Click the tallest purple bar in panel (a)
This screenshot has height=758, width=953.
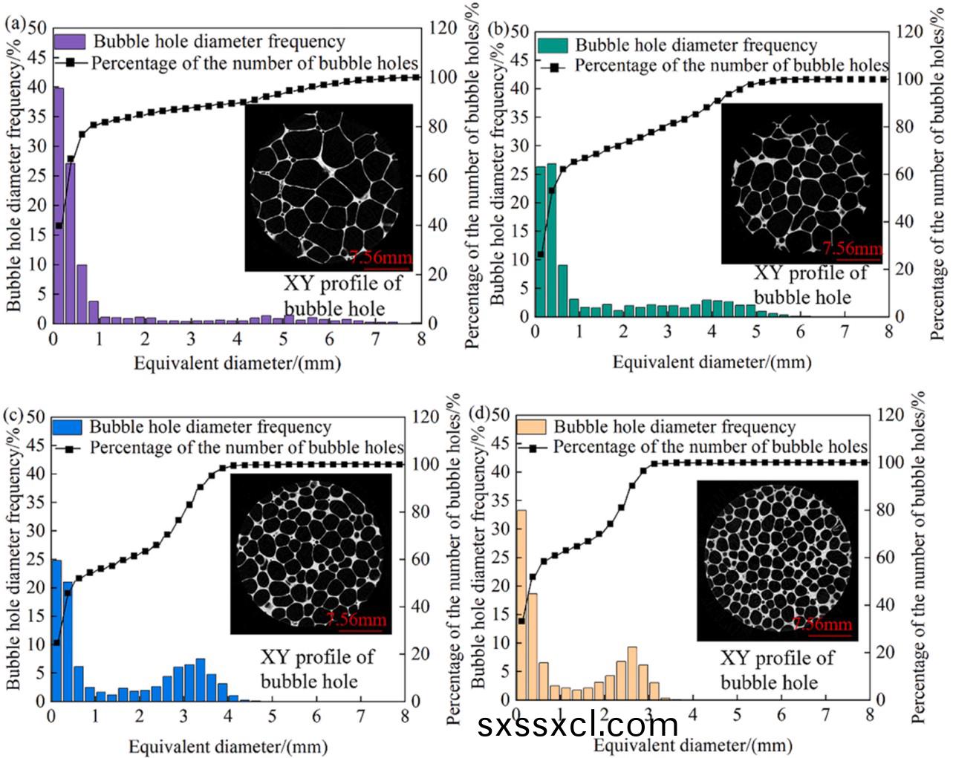click(x=58, y=206)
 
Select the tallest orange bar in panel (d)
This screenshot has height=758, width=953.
click(x=521, y=604)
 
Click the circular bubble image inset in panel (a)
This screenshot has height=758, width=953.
click(x=328, y=187)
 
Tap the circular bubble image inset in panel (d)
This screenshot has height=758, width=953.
click(x=777, y=560)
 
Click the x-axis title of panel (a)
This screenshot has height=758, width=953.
click(x=237, y=364)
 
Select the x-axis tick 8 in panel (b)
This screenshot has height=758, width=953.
click(x=888, y=332)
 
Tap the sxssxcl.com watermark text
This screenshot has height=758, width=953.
click(x=577, y=725)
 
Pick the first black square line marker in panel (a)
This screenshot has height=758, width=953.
click(x=59, y=226)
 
